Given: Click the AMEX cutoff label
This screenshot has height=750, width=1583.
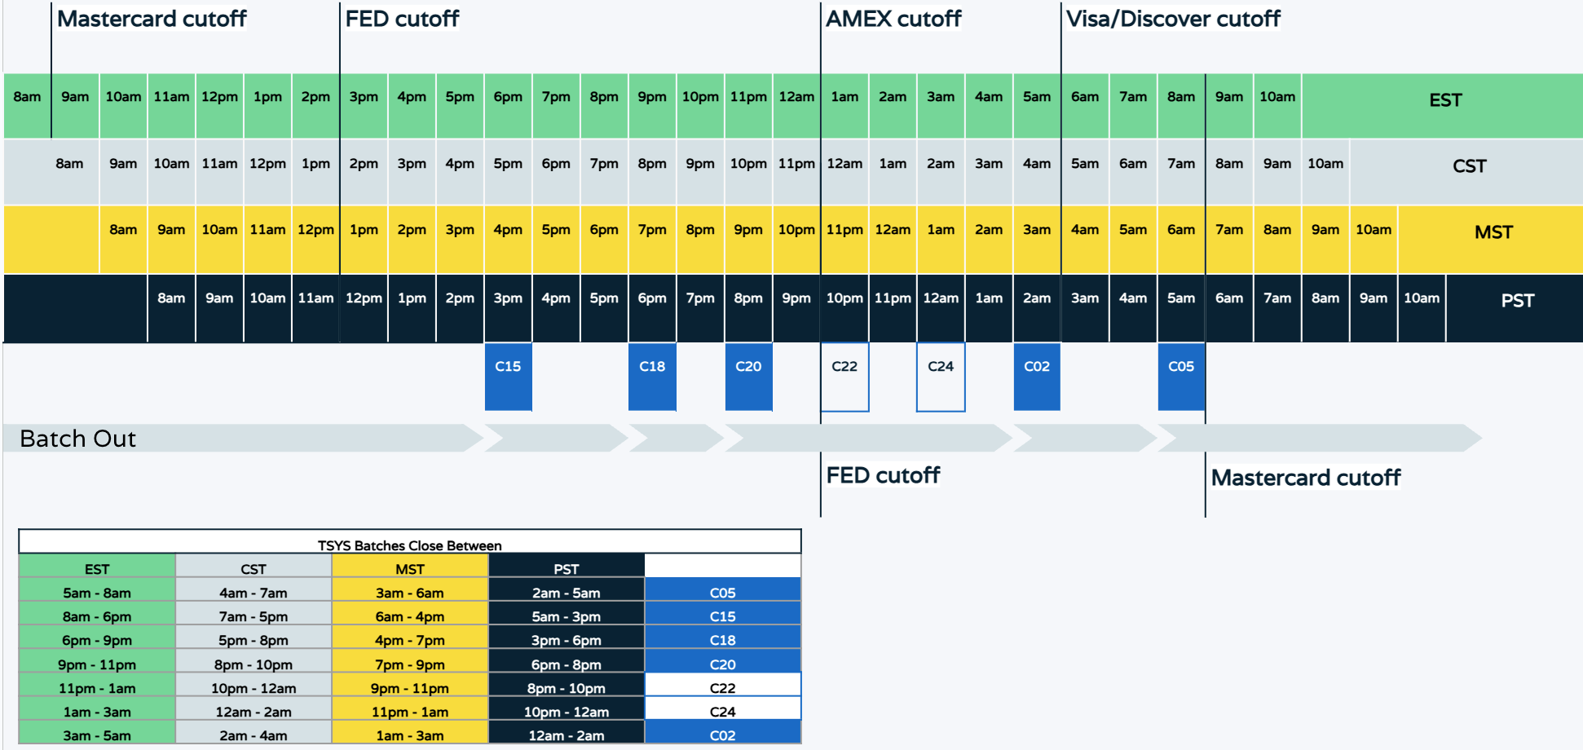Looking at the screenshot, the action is point(893,19).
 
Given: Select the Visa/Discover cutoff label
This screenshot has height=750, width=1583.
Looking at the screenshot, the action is point(1173,19).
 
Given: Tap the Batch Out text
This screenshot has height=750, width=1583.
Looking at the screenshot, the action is point(77,439).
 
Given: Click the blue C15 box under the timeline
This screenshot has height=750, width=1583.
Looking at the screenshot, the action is point(508,376).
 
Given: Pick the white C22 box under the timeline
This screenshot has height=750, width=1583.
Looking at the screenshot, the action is point(844,377).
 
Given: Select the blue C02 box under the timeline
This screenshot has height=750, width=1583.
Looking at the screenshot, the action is point(1037,376).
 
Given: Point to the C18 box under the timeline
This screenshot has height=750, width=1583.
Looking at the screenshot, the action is point(652,376).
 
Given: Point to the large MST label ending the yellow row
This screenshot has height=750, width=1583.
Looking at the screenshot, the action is point(1493,232).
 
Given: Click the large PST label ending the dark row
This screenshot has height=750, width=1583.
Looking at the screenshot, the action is point(1517,301).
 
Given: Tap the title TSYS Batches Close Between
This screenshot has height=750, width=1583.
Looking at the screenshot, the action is point(409,545).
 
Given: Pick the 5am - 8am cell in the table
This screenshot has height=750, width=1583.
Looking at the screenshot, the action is point(97,593).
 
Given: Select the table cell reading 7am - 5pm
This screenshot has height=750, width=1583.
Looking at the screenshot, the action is point(254,616).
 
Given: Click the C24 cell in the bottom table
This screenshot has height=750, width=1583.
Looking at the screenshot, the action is point(722,712).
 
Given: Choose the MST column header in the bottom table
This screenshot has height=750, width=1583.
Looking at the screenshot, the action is point(410,569).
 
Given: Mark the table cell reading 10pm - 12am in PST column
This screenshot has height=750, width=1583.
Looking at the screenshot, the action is point(567,712).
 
